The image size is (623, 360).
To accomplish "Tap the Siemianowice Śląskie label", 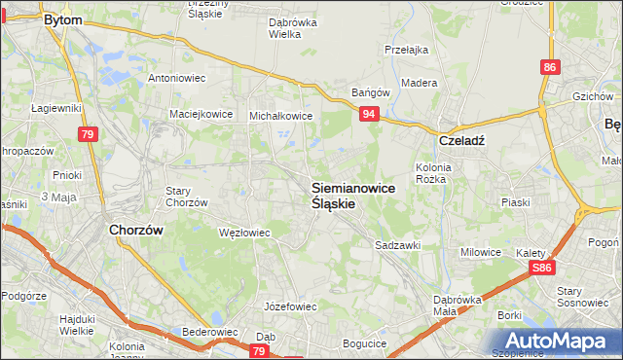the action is (x=352, y=196).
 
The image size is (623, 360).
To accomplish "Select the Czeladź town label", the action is (x=462, y=139).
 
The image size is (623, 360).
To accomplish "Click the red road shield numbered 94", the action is (x=368, y=115).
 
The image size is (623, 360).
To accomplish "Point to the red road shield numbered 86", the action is (x=551, y=67).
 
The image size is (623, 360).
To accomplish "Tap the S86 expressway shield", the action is (x=542, y=267).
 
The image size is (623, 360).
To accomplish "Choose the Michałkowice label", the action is (x=281, y=115).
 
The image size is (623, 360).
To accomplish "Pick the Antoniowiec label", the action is (x=175, y=77).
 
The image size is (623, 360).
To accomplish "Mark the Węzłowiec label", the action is (x=244, y=233).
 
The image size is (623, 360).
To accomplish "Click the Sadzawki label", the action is (x=397, y=246).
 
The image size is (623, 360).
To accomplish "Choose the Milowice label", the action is (x=481, y=252).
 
